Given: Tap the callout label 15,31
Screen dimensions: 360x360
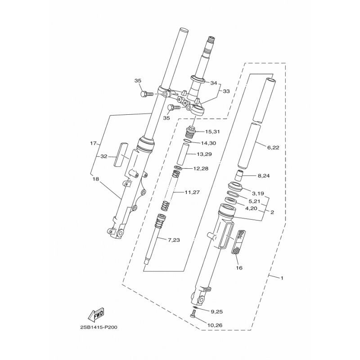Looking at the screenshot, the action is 212,132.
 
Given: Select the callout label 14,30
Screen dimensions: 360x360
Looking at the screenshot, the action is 208,143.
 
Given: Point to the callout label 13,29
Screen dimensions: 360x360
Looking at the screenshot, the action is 204,154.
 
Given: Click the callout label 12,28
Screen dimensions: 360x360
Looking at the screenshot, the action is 201,169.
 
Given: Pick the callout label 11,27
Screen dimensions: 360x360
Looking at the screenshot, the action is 192,193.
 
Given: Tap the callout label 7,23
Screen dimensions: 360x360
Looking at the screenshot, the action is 174,240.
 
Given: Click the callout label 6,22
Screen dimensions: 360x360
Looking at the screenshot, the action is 273,148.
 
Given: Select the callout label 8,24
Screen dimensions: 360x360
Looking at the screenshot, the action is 264,176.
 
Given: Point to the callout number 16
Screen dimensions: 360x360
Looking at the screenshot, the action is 239,268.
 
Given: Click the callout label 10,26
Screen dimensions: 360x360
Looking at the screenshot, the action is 215,325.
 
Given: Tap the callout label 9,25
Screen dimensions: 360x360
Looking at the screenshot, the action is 217,312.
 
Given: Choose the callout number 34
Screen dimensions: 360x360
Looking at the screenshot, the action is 213,83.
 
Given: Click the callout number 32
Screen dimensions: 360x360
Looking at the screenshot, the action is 104,157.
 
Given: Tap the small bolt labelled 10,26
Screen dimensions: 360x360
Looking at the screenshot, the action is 193,314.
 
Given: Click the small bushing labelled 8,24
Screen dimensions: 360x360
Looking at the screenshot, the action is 240,176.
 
